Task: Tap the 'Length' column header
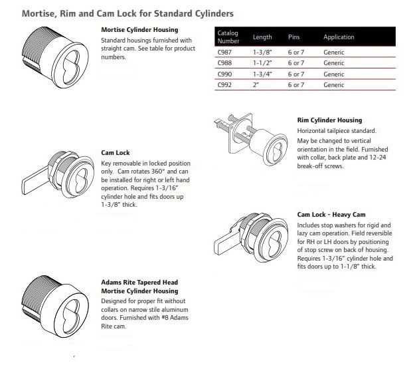click(262, 37)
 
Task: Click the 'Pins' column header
click(294, 37)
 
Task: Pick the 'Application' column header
click(339, 37)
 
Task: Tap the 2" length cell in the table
click(256, 85)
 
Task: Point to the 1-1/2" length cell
click(262, 63)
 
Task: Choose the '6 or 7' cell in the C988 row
click(297, 63)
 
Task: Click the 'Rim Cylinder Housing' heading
click(329, 120)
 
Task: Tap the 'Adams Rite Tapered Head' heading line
click(139, 283)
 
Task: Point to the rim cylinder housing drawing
click(252, 140)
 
